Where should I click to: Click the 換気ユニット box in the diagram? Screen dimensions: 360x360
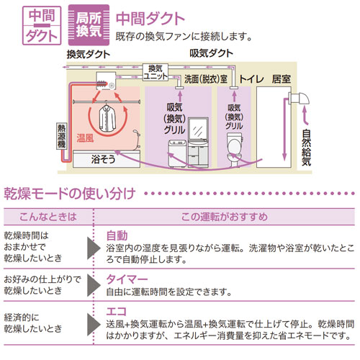click(156, 72)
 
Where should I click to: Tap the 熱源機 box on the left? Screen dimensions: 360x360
click(61, 136)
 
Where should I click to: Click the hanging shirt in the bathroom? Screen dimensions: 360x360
click(107, 117)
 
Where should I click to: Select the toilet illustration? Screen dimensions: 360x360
click(235, 150)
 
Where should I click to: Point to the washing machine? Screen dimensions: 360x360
click(178, 153)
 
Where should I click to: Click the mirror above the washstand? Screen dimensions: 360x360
click(198, 130)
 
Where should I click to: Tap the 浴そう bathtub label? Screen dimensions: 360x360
click(103, 159)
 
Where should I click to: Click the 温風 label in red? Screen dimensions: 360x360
click(85, 138)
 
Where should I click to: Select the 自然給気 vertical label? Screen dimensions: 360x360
click(306, 148)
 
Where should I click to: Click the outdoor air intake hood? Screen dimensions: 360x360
click(299, 98)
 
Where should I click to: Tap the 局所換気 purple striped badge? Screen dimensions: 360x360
click(89, 25)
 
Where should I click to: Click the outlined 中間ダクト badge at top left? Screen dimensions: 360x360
click(42, 25)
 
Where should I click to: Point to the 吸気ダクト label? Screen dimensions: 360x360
click(211, 53)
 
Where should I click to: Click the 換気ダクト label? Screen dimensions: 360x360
click(89, 55)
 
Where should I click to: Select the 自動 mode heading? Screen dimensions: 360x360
click(117, 235)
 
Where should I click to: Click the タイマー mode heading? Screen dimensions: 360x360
click(127, 279)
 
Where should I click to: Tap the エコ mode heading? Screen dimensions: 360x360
click(117, 311)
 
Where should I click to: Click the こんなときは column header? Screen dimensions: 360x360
click(48, 217)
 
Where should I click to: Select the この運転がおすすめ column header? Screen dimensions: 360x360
click(225, 217)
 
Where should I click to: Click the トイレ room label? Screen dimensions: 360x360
click(251, 79)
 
